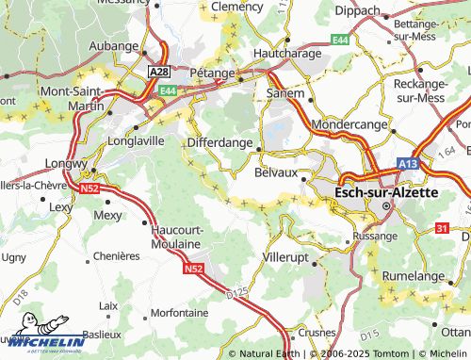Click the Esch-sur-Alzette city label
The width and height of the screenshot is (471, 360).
tap(386, 191)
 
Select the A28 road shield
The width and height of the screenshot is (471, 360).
tap(159, 72)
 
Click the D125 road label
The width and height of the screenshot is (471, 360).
tap(240, 297)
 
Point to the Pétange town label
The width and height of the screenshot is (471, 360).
tap(212, 71)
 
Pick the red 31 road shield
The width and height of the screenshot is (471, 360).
tap(443, 229)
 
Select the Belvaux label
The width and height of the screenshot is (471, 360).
tap(276, 172)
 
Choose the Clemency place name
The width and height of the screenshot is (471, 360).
tap(236, 6)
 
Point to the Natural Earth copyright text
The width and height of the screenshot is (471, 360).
tap(269, 353)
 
